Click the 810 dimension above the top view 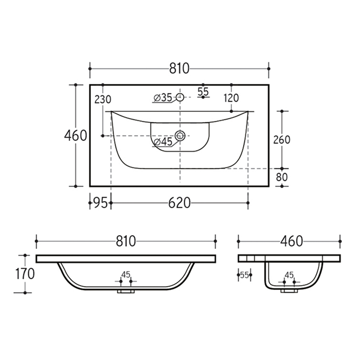pos(179,69)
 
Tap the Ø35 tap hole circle pos(180,97)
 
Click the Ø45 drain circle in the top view pos(180,136)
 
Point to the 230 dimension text pos(103,99)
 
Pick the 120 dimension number pos(231,98)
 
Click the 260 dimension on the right pos(282,140)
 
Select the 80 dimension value pos(282,177)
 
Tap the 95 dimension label pos(100,203)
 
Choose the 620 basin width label pos(179,203)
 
